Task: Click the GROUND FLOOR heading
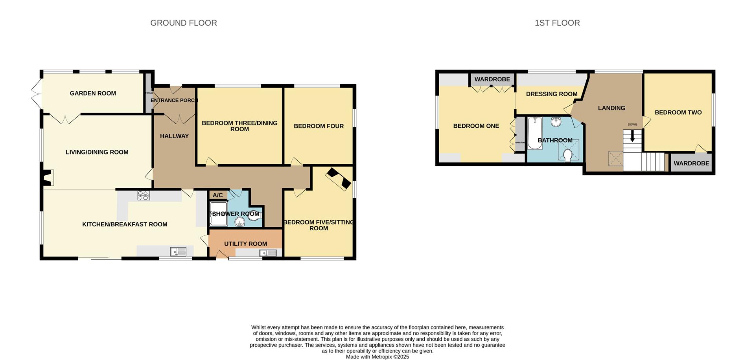183,23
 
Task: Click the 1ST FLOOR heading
557,23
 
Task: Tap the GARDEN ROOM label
93,93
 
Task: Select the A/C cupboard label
217,195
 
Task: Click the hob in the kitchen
144,195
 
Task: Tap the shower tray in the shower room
218,214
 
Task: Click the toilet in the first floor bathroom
567,155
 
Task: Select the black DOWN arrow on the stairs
632,137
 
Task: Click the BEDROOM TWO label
678,112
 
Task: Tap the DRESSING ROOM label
551,94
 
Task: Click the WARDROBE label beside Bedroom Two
691,163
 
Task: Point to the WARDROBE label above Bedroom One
492,79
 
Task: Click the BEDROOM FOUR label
319,126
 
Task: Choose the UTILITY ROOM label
245,244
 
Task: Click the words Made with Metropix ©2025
377,357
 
